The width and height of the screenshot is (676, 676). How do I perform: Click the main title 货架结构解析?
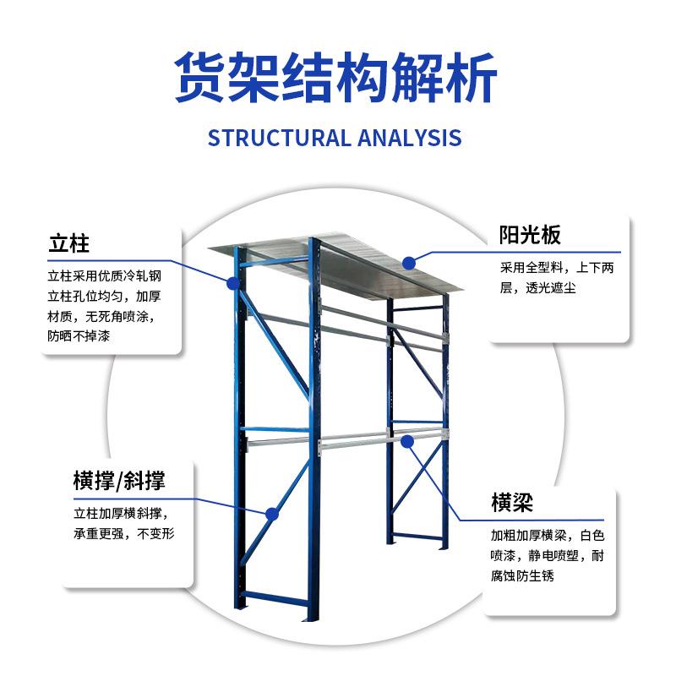pyautogui.click(x=335, y=78)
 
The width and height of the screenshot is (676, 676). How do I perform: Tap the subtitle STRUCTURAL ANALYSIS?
pyautogui.click(x=335, y=138)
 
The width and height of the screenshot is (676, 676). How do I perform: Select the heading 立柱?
pyautogui.click(x=68, y=245)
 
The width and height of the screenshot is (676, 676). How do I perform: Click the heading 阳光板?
pyautogui.click(x=529, y=235)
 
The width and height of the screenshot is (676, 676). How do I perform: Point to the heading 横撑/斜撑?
pyautogui.click(x=118, y=482)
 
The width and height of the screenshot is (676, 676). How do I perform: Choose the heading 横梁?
pyautogui.click(x=512, y=503)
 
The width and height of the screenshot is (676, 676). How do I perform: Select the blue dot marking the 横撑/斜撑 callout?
pyautogui.click(x=271, y=513)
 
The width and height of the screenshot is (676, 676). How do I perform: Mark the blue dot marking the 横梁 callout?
pyautogui.click(x=407, y=439)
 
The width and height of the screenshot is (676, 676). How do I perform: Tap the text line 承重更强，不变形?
pyautogui.click(x=123, y=534)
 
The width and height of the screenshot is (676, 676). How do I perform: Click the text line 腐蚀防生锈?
pyautogui.click(x=523, y=576)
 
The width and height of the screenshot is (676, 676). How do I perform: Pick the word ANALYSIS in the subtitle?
pyautogui.click(x=407, y=138)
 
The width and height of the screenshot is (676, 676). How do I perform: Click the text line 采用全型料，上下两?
pyautogui.click(x=559, y=267)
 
